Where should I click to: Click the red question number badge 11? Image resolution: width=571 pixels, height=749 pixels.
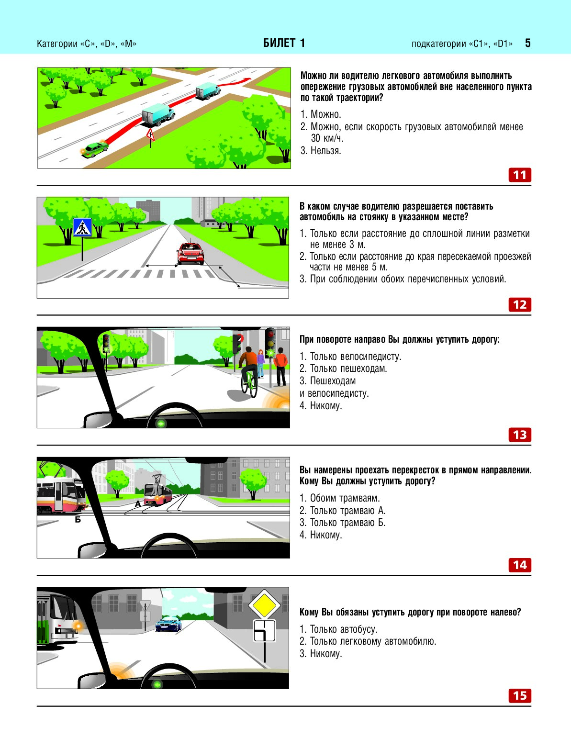point(519,175)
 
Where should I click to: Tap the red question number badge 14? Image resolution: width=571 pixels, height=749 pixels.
point(519,565)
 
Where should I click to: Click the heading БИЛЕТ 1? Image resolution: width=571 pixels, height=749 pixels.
point(284,43)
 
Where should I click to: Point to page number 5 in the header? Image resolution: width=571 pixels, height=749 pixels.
point(527,43)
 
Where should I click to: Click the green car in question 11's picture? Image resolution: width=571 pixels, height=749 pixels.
point(94,149)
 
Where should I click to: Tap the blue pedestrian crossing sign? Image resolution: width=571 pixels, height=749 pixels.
point(82,227)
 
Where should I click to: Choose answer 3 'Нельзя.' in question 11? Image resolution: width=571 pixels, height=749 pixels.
point(321,150)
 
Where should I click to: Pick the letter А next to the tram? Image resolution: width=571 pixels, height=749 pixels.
point(138,503)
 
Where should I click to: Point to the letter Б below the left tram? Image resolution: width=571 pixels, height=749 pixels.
point(78,520)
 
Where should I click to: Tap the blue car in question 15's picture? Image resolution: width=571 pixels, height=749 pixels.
point(168,624)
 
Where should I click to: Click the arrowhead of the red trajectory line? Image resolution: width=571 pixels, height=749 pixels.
point(247,79)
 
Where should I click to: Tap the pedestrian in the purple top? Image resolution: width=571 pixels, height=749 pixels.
point(260,363)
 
